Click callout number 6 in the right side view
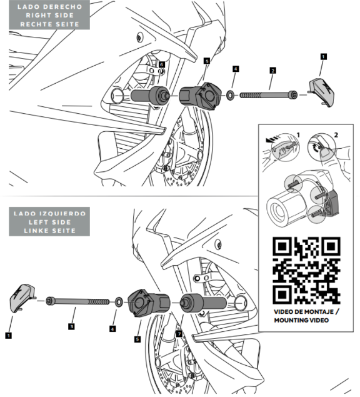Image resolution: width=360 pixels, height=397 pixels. pos(162,64)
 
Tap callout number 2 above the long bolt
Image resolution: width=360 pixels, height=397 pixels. pos(272,71)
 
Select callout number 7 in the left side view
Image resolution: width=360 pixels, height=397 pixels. pos(179,334)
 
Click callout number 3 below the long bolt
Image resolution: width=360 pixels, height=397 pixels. pos(71,326)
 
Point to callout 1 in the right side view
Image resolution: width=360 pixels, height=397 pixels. pos(323,57)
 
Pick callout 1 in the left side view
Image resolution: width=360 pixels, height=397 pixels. pos(8,336)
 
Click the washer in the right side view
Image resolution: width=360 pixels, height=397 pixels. pos(230,96)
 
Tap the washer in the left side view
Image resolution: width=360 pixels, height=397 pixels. pos(119,302)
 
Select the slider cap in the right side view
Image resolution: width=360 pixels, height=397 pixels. pos(321,93)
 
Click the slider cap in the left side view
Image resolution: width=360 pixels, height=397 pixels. pos(22,298)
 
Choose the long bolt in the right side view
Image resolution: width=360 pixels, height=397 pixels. pos(268,95)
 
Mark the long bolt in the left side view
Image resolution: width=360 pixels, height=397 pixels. pos(77,301)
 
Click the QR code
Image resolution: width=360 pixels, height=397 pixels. pos(306,271)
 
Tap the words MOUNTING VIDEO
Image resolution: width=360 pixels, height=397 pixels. pos(301,320)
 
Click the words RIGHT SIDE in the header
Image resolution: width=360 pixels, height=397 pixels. pos(49,16)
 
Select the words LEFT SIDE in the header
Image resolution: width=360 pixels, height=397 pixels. pos(49,223)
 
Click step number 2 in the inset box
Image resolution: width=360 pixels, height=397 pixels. pos(336,135)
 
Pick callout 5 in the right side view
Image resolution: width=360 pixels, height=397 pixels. pos(207,61)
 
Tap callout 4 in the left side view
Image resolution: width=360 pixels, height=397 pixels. pos(112,329)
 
